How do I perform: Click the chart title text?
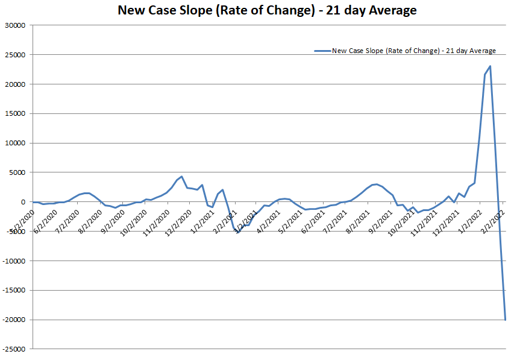coord(267,10)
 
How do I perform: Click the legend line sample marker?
coord(322,51)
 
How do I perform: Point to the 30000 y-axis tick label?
coord(14,25)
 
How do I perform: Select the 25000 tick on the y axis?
coord(14,55)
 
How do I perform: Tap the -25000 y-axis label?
coord(13,349)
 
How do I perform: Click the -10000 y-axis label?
coord(13,261)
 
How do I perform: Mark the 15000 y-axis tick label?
coord(14,113)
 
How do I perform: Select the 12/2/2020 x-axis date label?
coord(179,218)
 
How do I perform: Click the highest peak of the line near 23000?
coord(490,66)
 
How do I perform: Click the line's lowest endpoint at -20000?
coord(506,319)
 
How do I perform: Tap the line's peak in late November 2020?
coord(181,177)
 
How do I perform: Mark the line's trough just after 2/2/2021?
coord(237,232)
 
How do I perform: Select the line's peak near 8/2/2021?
coord(376,184)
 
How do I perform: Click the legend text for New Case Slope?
coord(414,51)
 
